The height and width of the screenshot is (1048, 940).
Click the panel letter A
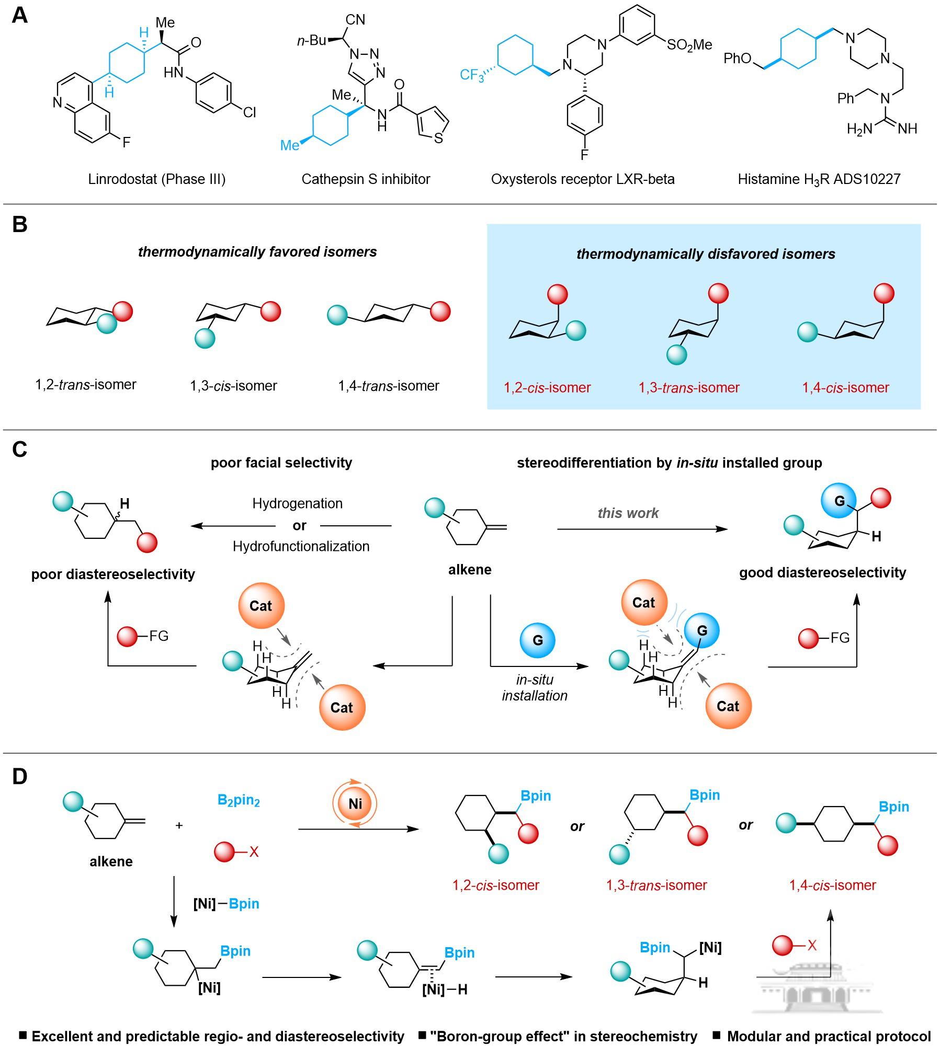point(19,15)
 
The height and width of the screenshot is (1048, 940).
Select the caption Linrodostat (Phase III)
point(157,179)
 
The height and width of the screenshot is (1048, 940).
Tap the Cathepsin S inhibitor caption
point(366,179)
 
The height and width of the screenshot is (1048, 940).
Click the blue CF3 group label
point(472,75)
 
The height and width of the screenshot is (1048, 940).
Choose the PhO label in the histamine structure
point(738,58)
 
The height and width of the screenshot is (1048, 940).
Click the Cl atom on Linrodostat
point(250,112)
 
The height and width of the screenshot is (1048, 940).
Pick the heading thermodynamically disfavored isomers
point(705,254)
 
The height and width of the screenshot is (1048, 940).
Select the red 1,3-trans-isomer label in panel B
point(689,387)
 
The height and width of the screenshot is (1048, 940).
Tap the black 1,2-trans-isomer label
point(86,385)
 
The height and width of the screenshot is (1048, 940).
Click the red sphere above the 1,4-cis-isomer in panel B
point(884,293)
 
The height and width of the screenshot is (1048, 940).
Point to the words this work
point(628,513)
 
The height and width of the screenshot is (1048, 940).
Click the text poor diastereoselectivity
point(113,574)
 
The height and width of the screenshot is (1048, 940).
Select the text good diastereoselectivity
point(822,572)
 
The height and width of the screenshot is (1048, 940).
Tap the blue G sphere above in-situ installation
point(537,640)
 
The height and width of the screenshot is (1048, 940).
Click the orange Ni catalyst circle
point(355,803)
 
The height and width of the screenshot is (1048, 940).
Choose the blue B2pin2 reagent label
point(239,800)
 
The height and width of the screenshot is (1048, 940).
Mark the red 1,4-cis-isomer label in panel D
point(832,885)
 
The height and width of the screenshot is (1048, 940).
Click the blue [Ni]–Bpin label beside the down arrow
point(226,903)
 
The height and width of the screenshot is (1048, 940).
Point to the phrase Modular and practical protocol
point(829,1036)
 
